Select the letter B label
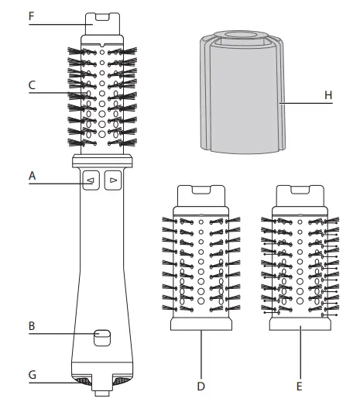(x=32, y=326)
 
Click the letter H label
(x=328, y=95)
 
